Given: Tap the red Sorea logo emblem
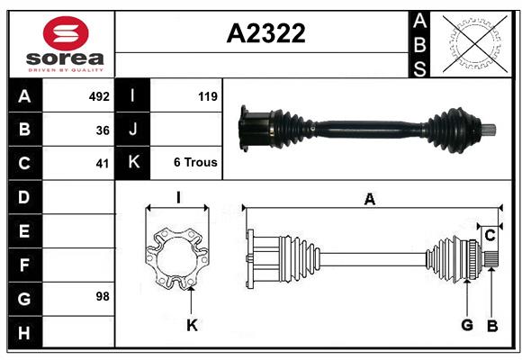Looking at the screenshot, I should point(65,35).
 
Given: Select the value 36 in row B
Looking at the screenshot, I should point(103,130).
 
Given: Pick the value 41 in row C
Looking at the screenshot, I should point(103,164).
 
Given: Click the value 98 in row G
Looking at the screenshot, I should point(103,295).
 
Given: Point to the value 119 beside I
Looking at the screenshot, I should point(207,95).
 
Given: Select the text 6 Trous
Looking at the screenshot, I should point(195,163).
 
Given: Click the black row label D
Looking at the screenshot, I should point(24,196).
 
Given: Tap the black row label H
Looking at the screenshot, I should point(24,334).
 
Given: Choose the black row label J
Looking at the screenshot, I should point(133,130).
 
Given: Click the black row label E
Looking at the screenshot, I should point(24,231).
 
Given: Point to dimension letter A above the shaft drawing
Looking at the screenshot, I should point(369,200).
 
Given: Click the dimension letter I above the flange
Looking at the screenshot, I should point(178,198).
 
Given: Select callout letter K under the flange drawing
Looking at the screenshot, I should point(192,326).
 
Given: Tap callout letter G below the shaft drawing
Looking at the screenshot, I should point(467,325).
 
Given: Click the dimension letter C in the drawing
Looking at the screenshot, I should point(490,236).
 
